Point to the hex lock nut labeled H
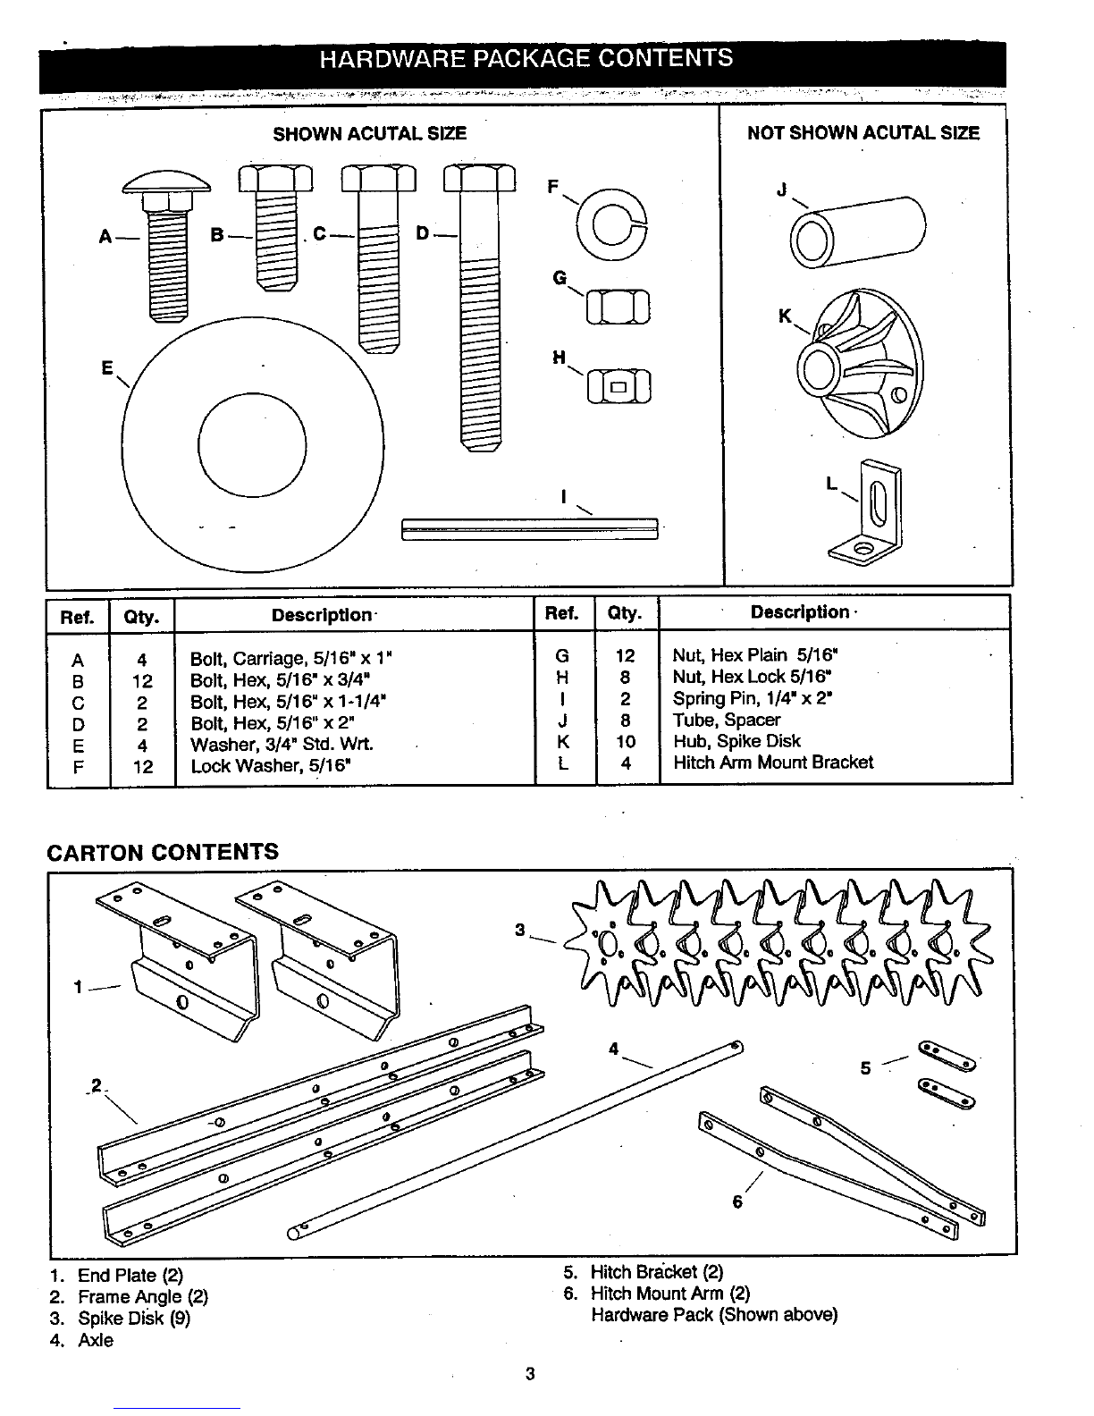pyautogui.click(x=619, y=386)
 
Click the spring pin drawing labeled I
pyautogui.click(x=530, y=528)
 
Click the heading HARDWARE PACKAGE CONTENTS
pyautogui.click(x=526, y=59)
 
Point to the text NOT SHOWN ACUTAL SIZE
pyautogui.click(x=863, y=133)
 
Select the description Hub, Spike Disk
pyautogui.click(x=736, y=741)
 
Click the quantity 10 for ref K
pyautogui.click(x=626, y=742)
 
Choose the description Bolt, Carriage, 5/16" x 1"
pyautogui.click(x=291, y=660)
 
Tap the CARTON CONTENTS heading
pyautogui.click(x=163, y=851)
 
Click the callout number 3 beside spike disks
pyautogui.click(x=519, y=930)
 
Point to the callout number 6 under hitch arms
pyautogui.click(x=737, y=1202)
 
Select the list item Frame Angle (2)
pyautogui.click(x=143, y=1297)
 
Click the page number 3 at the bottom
pyautogui.click(x=530, y=1374)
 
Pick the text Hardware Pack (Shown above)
pyautogui.click(x=714, y=1315)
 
